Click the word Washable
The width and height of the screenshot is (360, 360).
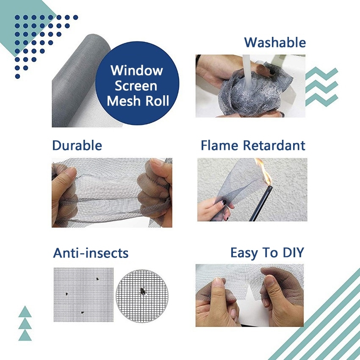[275, 43]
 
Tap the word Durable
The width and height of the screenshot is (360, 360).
[77, 146]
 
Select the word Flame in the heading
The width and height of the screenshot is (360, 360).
[219, 146]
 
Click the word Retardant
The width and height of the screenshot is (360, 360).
[274, 146]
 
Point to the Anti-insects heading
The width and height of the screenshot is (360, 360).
[91, 253]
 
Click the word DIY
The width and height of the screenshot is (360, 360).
[293, 252]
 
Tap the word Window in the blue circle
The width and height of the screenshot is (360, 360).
[137, 70]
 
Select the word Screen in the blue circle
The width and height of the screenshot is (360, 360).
[136, 86]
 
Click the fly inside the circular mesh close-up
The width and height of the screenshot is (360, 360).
[143, 291]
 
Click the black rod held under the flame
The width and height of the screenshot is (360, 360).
[261, 203]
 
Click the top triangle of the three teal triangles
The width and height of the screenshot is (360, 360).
[25, 312]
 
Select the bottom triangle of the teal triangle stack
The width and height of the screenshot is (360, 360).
[25, 336]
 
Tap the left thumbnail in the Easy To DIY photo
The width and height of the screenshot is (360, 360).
[218, 282]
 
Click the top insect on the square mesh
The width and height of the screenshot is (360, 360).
[97, 279]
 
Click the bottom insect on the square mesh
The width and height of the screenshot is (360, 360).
[82, 313]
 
